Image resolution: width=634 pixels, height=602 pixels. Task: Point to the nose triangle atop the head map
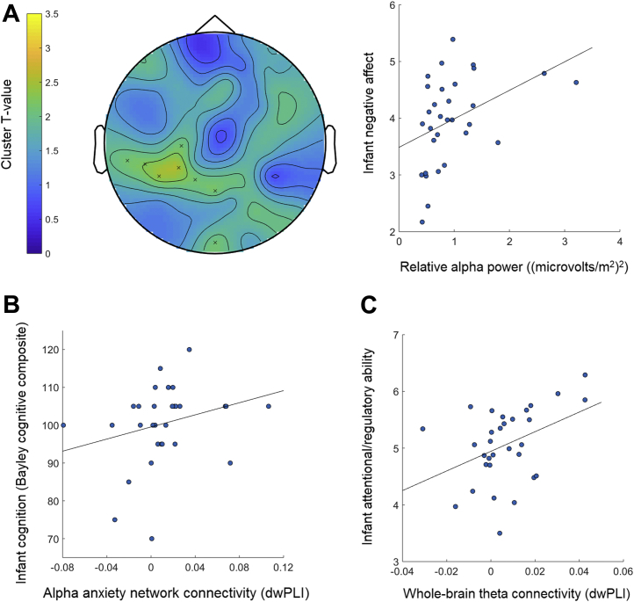[215, 24]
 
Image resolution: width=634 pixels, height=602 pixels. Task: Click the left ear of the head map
[98, 149]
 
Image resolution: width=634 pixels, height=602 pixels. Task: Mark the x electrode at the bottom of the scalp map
[215, 243]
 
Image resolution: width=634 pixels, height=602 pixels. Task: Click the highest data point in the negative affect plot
[452, 40]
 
